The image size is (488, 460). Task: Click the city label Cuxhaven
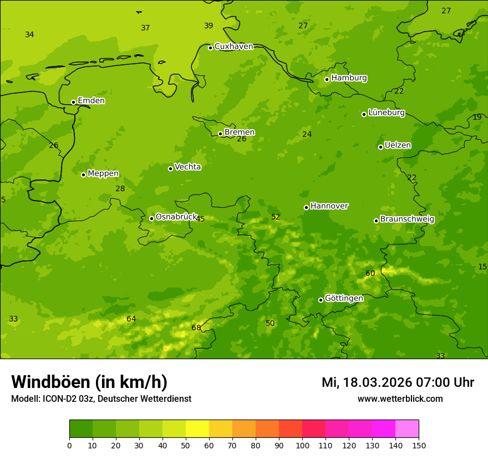[x=233, y=47]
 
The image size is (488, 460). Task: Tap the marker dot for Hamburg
[x=327, y=79]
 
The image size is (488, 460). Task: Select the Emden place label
[x=91, y=101]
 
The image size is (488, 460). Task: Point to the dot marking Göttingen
[x=321, y=300]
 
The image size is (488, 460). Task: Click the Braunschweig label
[x=407, y=219]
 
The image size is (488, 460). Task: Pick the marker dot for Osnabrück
[x=151, y=218]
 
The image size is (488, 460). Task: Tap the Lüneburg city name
[x=386, y=113]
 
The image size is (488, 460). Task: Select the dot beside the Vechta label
[x=170, y=168]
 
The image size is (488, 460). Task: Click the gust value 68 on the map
[x=196, y=328]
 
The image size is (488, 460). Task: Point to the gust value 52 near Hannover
[x=276, y=217]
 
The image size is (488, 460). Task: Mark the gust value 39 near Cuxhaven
[x=209, y=26]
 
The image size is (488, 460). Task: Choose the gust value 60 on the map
[x=370, y=274]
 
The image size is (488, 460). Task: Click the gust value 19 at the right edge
[x=477, y=117]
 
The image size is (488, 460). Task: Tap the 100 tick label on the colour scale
[x=302, y=445]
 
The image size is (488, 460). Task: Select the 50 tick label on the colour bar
[x=186, y=445]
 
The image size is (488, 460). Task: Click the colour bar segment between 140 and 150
[x=407, y=429]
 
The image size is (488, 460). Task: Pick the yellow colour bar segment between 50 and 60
[x=197, y=429]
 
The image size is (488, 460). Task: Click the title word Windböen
[x=50, y=382]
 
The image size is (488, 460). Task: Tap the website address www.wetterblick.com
[x=400, y=399]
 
